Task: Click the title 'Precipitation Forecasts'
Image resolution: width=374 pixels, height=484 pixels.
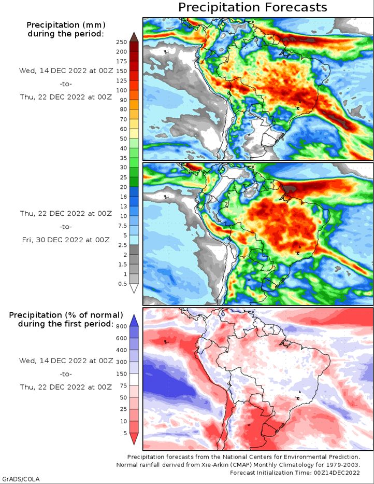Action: click(253, 7)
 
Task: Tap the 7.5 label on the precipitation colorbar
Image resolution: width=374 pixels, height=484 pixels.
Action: click(123, 226)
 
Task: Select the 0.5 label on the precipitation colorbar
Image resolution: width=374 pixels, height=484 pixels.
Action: click(123, 283)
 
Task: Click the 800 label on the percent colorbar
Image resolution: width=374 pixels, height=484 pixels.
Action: click(122, 326)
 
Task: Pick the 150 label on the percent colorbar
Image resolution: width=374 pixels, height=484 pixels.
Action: click(122, 374)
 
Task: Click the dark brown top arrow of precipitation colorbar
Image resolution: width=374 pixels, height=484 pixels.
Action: click(134, 36)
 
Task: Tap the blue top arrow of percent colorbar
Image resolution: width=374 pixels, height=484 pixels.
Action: click(134, 319)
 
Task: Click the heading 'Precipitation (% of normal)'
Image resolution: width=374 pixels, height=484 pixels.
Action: click(65, 315)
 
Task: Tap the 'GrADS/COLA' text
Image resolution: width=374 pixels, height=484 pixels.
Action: click(21, 478)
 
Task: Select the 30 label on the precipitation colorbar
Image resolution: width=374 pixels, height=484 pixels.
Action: click(123, 168)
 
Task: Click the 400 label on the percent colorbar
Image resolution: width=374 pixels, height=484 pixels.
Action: click(122, 350)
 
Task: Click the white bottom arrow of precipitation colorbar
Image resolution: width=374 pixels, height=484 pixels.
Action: click(134, 289)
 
